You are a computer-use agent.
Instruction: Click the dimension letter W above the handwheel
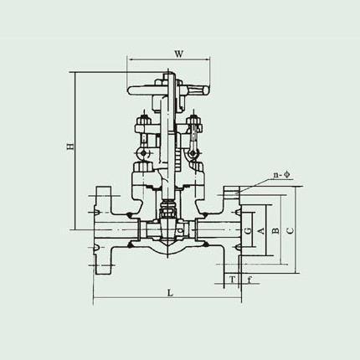pos(178,54)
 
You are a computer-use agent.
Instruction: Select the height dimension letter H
pos(70,147)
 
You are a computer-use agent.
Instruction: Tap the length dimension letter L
pos(170,293)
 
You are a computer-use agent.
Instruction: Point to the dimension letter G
pos(248,230)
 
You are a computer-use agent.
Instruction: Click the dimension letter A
pos(260,230)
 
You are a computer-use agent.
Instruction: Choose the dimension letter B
pos(275,230)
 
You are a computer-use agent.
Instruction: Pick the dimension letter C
pos(291,230)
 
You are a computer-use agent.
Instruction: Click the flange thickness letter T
pos(232,279)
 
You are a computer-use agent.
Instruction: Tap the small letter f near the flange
pos(249,279)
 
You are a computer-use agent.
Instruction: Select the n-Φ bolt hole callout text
pos(281,175)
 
